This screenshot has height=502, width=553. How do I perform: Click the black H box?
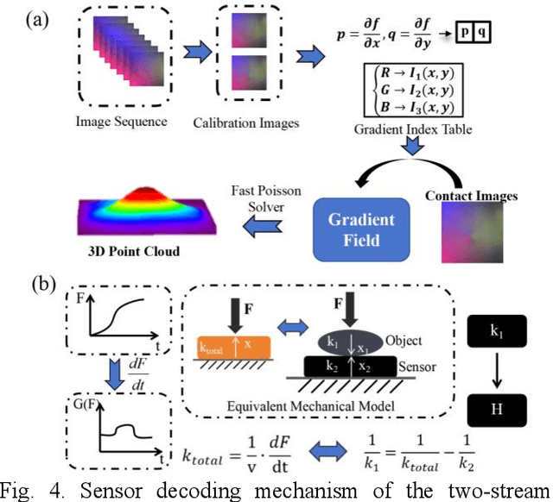tap(496, 408)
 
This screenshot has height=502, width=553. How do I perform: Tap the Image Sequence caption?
tap(122, 121)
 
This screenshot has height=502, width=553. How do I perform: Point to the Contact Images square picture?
tap(472, 239)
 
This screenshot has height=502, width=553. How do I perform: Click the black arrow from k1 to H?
tap(496, 369)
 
